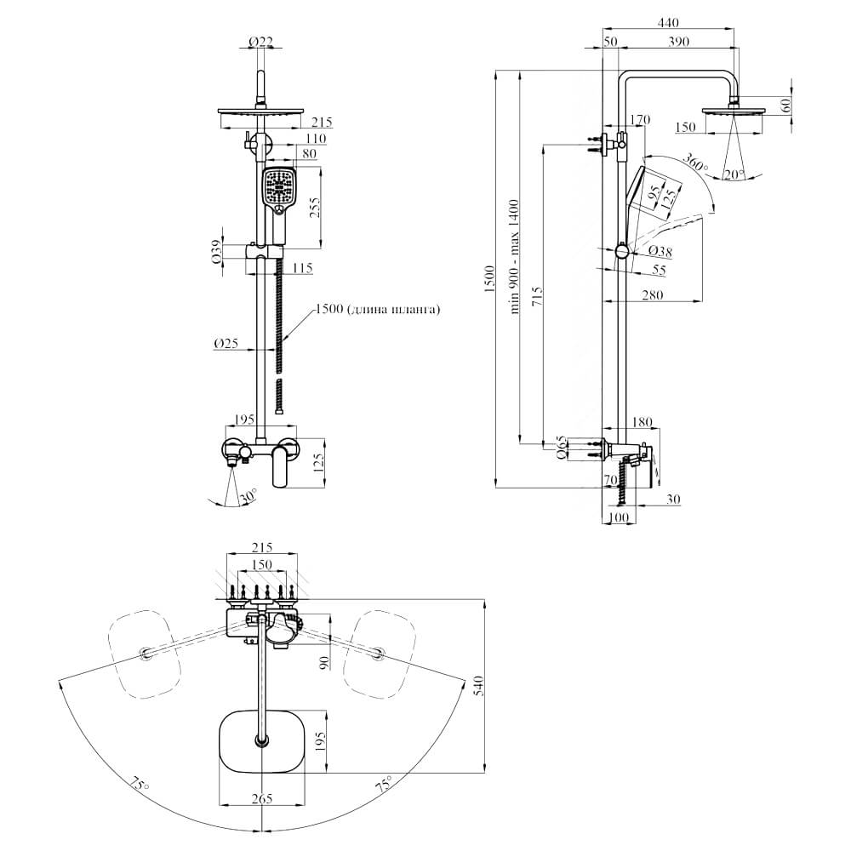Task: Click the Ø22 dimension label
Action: (x=260, y=41)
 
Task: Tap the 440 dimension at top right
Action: (x=668, y=22)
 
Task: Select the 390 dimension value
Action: (x=678, y=41)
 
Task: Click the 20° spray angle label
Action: (x=734, y=174)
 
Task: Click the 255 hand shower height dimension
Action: (x=314, y=207)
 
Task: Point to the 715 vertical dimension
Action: (x=537, y=296)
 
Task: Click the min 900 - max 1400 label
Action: (x=514, y=257)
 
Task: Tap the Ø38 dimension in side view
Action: (x=660, y=251)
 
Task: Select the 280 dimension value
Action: (x=653, y=294)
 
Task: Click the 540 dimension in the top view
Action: (x=477, y=686)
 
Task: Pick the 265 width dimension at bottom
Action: (x=261, y=798)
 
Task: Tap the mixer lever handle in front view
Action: (x=282, y=465)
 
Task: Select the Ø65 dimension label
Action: (x=561, y=448)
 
